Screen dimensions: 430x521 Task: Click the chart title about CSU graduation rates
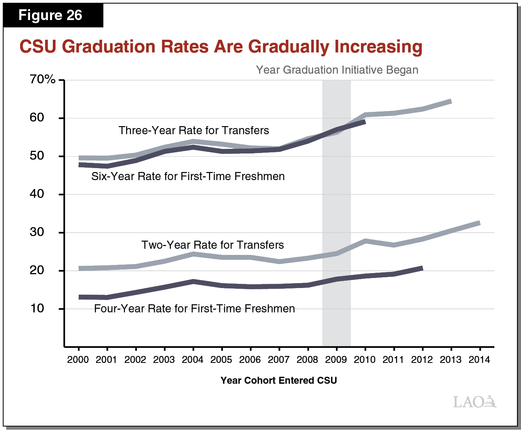click(x=221, y=47)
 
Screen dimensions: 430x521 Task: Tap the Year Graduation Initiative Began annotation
click(x=337, y=70)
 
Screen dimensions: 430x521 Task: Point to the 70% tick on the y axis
click(x=42, y=79)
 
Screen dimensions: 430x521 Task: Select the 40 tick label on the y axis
click(x=37, y=194)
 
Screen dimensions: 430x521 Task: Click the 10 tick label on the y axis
click(x=37, y=309)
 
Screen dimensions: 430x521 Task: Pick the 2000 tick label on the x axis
click(x=78, y=359)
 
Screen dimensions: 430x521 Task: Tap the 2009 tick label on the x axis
click(x=336, y=359)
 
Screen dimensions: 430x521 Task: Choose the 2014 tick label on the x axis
click(x=479, y=359)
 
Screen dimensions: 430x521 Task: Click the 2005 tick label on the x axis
click(x=221, y=359)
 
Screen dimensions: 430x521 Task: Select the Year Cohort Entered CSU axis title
click(x=278, y=380)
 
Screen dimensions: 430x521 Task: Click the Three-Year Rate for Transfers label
click(x=194, y=130)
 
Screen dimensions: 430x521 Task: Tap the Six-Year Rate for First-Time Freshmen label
click(x=188, y=176)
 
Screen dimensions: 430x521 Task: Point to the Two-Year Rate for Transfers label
click(x=212, y=245)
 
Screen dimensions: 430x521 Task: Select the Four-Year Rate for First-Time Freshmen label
click(x=194, y=309)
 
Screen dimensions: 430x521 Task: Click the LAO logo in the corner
click(x=474, y=401)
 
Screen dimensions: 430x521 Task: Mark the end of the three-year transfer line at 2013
click(x=450, y=102)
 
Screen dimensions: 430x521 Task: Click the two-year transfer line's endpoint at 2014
click(x=479, y=223)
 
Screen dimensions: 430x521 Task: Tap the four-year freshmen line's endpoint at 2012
click(x=422, y=268)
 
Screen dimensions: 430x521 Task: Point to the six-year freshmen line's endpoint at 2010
click(x=364, y=122)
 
